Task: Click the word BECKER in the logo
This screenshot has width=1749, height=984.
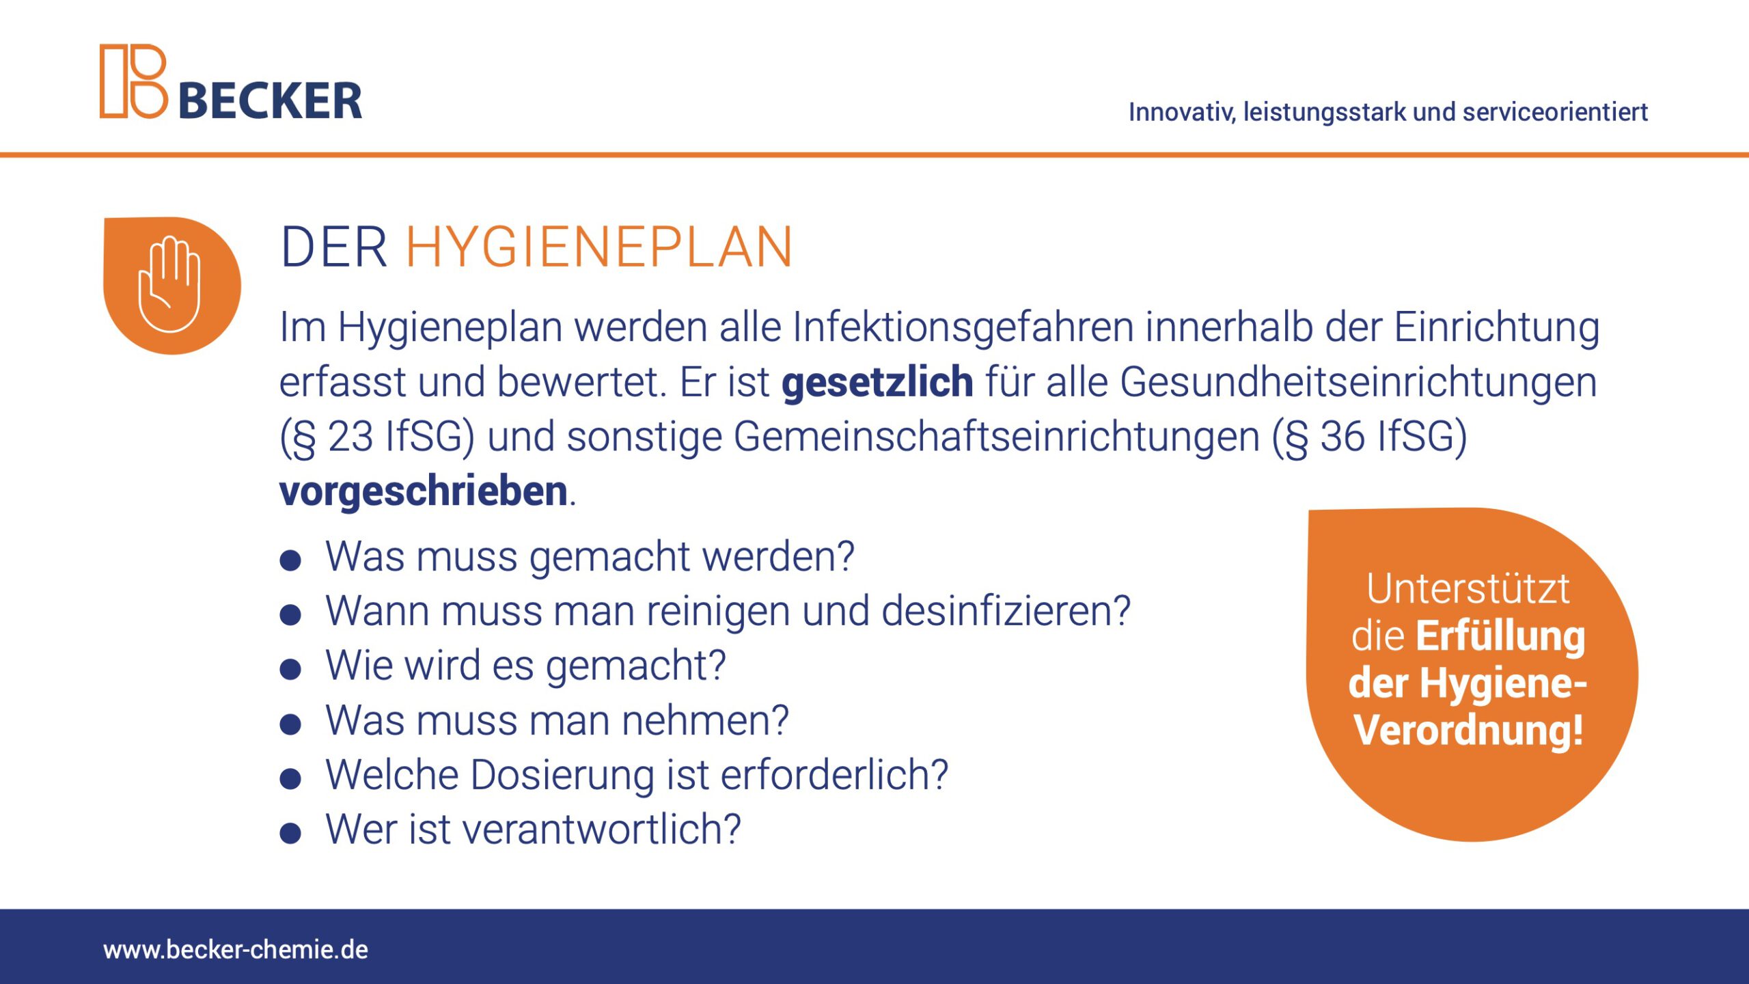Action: coord(271,101)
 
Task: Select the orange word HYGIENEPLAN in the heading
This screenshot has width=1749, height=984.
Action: coord(599,247)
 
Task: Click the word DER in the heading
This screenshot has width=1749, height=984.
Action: coord(334,247)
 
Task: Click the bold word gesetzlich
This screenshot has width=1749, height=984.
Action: coord(877,383)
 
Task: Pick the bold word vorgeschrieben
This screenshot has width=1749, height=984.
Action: coord(424,491)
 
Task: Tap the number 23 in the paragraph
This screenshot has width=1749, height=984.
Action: coord(350,437)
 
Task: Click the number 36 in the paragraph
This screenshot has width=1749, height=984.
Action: coord(1342,437)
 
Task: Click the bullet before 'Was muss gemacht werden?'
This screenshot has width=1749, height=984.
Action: coord(290,561)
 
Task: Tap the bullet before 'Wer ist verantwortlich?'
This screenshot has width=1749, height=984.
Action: coord(290,834)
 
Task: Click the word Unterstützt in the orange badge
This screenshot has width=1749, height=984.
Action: coord(1468,589)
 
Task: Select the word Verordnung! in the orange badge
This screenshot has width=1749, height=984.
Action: coord(1469,730)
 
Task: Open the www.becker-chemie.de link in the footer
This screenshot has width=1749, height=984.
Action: coord(236,950)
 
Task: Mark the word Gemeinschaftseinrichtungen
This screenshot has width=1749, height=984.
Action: coord(997,437)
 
